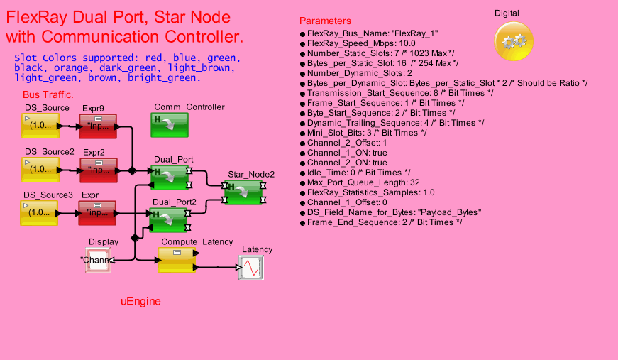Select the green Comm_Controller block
tap(170, 125)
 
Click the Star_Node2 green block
tap(243, 192)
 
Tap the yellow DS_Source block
tap(40, 126)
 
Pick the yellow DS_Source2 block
tap(40, 170)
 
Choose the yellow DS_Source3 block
tap(40, 212)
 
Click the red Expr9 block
tap(98, 126)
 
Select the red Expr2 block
tap(98, 170)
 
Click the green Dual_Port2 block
tap(170, 219)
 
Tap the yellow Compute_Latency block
tap(176, 260)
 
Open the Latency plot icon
tap(251, 268)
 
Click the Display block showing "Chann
tap(98, 260)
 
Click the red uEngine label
tap(140, 301)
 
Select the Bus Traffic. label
tap(48, 94)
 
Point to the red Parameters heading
tap(325, 21)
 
